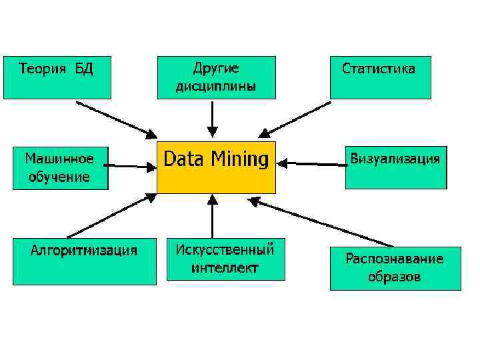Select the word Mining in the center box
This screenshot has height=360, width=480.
click(x=239, y=159)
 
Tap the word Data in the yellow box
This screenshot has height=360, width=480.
click(x=184, y=159)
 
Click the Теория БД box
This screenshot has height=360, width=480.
click(x=56, y=77)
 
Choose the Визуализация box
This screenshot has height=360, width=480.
click(x=395, y=167)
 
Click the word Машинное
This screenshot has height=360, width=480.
click(x=59, y=159)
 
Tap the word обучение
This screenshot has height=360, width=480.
click(x=59, y=177)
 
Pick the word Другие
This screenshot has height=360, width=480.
click(x=215, y=68)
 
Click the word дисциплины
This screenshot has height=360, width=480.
click(x=215, y=86)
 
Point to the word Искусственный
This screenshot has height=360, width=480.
click(x=225, y=250)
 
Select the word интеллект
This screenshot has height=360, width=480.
click(x=225, y=268)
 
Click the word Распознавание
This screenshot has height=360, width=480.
click(x=394, y=259)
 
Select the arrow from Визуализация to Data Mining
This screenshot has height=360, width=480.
click(x=310, y=162)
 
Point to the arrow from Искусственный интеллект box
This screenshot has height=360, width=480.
click(x=212, y=216)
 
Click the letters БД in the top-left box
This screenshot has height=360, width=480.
click(x=84, y=69)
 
